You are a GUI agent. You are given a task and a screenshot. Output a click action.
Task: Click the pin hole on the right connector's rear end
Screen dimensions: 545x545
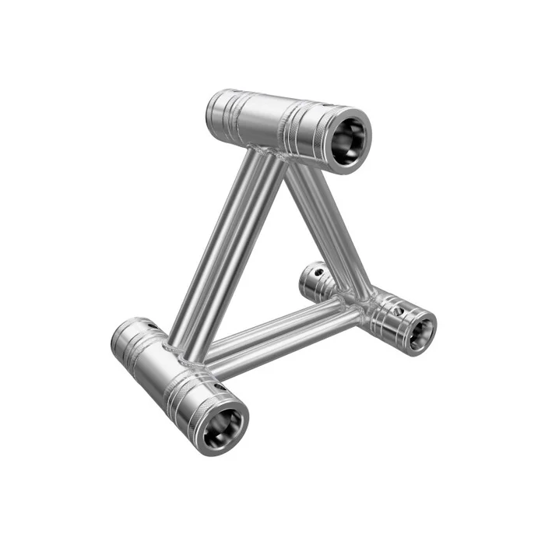pyautogui.click(x=318, y=274)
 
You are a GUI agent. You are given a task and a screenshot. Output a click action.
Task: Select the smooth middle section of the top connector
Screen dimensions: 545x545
pyautogui.click(x=269, y=121)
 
